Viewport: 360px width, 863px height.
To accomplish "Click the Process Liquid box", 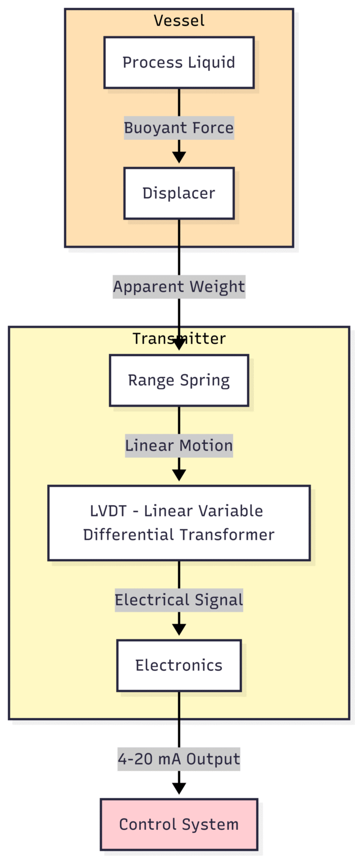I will click(179, 62).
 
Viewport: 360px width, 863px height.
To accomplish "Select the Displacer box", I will click(179, 193).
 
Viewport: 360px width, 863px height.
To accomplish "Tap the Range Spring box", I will click(179, 380).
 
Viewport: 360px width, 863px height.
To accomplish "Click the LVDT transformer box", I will click(179, 523).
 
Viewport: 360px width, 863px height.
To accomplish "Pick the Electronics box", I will click(179, 665).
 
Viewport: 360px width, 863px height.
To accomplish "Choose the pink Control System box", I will click(179, 824).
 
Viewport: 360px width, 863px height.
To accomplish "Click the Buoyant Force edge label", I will click(179, 128).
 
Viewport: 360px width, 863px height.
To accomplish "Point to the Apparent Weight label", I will click(179, 287).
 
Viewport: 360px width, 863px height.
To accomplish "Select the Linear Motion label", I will click(179, 446).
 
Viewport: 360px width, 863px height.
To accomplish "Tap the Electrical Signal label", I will click(179, 600).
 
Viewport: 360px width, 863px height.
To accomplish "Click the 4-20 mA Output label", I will click(179, 759).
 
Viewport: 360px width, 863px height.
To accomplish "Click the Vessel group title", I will click(179, 21).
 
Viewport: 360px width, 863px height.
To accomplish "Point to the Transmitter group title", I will click(179, 339).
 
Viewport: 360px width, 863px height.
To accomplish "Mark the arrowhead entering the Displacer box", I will click(179, 158).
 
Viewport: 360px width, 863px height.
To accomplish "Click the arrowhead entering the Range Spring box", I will click(179, 344).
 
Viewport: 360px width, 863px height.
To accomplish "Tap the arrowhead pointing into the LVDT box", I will click(179, 475).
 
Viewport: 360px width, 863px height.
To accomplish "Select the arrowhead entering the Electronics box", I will click(179, 630).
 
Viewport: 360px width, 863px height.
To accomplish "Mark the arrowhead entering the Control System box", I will click(179, 789).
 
